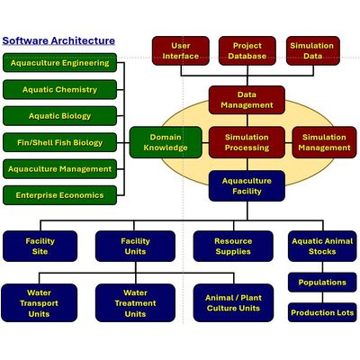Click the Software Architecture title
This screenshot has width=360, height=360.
point(58,40)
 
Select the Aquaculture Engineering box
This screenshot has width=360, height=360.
point(59,63)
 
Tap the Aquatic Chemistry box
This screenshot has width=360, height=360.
point(59,89)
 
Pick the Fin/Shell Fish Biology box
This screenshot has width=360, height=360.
point(59,142)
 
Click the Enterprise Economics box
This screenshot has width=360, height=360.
point(59,195)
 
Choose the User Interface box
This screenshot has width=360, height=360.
point(181,50)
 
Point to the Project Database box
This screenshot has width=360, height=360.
point(247,50)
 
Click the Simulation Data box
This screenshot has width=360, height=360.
point(313,50)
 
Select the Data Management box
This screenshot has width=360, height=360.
point(247,100)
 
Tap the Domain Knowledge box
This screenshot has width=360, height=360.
point(166,142)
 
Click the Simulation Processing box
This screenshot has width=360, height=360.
point(247,142)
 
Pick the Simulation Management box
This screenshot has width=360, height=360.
point(324,142)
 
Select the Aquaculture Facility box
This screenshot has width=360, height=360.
point(247,186)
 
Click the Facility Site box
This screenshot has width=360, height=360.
point(40,246)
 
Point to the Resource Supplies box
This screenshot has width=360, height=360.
point(233,246)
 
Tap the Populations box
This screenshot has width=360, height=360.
point(322,283)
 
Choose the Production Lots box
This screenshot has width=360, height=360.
point(322,312)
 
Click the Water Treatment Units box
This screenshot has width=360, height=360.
point(135,303)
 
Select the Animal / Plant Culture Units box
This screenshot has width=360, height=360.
point(233,303)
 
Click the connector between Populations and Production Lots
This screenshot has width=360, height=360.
point(323,298)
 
